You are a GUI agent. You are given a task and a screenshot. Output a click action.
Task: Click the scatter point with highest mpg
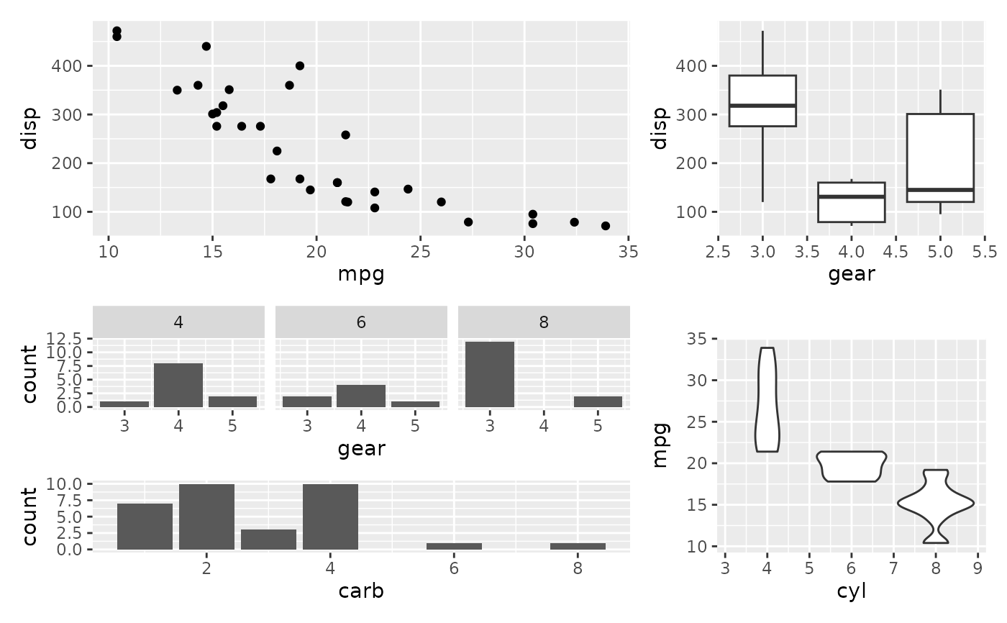point(605,226)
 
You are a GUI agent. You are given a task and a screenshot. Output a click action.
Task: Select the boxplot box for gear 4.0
point(851,202)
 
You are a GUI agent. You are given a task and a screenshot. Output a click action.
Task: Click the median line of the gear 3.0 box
point(762,106)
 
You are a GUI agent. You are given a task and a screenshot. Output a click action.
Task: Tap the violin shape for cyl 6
point(852,466)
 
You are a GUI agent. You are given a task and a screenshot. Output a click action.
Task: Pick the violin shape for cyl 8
point(936,505)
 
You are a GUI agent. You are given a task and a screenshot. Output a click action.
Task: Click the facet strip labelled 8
point(544,322)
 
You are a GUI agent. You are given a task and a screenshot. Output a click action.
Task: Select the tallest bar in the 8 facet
point(490,374)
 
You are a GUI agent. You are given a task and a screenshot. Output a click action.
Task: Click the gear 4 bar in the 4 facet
point(178,385)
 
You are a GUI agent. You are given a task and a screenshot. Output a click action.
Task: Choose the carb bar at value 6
point(454,546)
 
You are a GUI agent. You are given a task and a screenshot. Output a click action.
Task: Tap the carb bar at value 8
point(578,546)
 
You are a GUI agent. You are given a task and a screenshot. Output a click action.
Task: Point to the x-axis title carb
point(361,591)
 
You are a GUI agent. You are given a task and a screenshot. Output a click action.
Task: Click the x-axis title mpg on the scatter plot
point(361,274)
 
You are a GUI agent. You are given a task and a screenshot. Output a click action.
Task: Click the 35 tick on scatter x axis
point(628,252)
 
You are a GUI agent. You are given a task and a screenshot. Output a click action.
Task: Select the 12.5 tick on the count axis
point(70,338)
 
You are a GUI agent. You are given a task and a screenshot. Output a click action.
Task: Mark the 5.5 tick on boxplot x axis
point(984,252)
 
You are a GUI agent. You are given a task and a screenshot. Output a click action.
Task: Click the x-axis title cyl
point(852,591)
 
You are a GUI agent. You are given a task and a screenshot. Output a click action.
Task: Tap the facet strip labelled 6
point(361,322)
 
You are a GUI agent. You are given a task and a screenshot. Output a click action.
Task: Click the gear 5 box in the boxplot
point(940,158)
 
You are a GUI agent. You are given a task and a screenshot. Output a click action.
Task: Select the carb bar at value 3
point(268,540)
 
